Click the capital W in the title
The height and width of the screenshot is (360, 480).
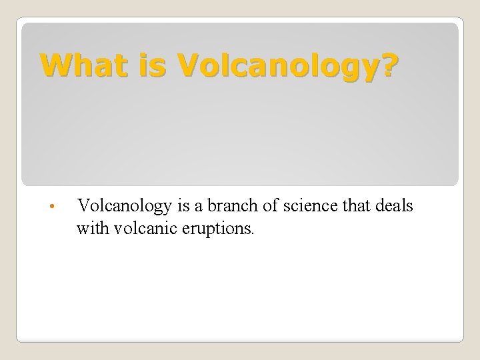tap(53, 65)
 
